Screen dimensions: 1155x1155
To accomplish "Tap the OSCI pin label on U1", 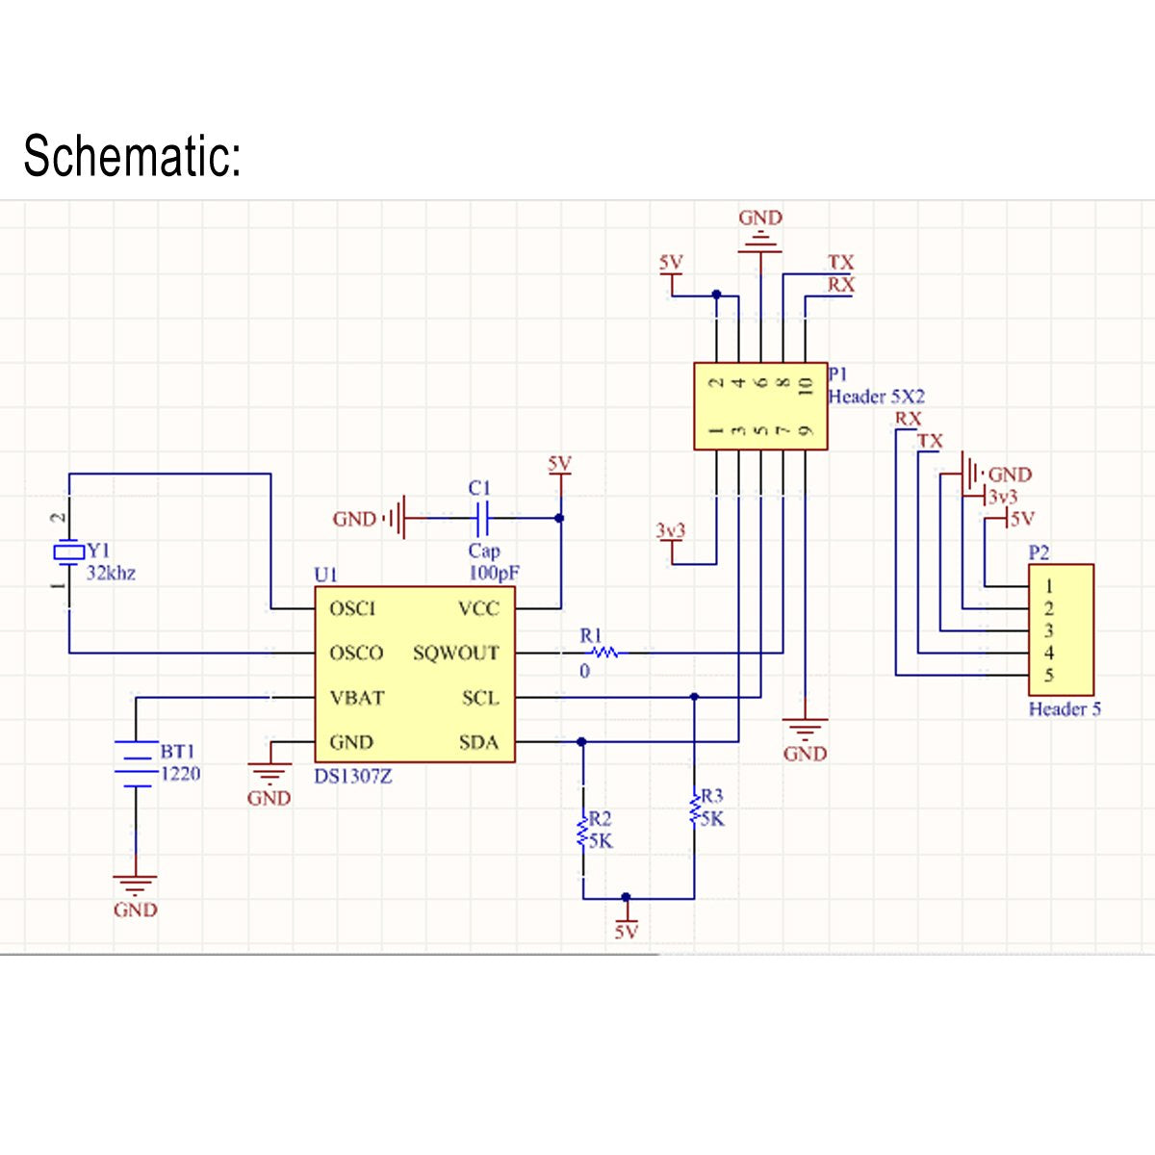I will [x=352, y=608].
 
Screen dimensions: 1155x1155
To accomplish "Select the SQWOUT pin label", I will [x=456, y=653].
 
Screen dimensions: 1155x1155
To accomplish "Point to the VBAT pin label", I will [x=356, y=698].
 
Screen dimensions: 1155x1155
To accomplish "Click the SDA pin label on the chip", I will [x=478, y=742].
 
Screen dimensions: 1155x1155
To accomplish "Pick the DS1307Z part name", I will [x=353, y=776].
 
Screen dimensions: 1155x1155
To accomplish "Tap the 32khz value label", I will [x=111, y=574].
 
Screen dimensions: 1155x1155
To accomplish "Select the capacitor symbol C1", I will [x=483, y=519].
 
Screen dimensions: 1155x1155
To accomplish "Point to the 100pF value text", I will [x=494, y=573].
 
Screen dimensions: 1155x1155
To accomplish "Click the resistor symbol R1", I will [x=604, y=653].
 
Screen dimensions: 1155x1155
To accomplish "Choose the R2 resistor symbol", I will [x=582, y=831].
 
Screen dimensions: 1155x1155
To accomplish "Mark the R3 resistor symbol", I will [x=694, y=808].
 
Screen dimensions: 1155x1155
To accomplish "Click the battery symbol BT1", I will [x=136, y=763].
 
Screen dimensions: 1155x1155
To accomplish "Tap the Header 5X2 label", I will [x=876, y=397].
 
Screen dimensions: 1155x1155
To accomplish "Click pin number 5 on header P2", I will [x=1049, y=676].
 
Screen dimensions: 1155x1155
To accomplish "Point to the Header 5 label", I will [x=1065, y=709].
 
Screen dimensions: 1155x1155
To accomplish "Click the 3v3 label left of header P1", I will [x=671, y=530].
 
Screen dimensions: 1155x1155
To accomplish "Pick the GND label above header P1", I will [x=760, y=218].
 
